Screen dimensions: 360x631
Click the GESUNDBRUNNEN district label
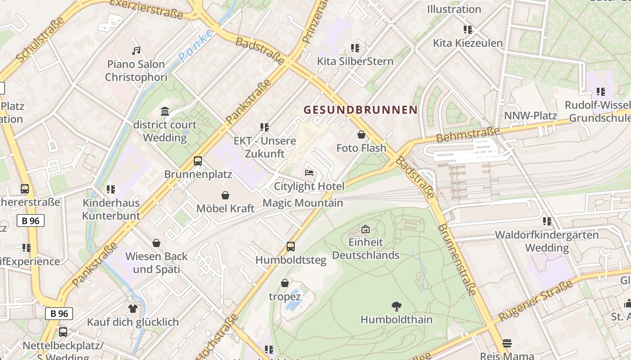[x=361, y=110]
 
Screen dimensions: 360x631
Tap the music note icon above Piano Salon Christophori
[x=136, y=51]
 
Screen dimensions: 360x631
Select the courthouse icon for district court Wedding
[x=165, y=111]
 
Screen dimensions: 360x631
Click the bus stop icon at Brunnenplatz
[x=198, y=161]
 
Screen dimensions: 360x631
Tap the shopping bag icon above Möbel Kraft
[x=225, y=195]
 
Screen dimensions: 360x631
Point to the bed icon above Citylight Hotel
[x=309, y=173]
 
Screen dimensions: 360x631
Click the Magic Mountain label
[x=302, y=203]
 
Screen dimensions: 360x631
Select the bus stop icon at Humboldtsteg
[x=291, y=247]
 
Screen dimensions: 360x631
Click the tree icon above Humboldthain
[x=397, y=306]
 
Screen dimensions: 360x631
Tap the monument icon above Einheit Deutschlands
[x=366, y=229]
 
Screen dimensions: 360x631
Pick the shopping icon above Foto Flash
[x=361, y=135]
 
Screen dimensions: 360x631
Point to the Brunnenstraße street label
[x=457, y=260]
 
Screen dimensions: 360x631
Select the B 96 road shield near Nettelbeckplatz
[x=59, y=313]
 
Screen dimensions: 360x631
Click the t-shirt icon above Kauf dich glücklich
[x=133, y=309]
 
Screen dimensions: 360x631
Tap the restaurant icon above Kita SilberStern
[x=355, y=48]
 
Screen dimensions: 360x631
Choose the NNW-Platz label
[x=530, y=116]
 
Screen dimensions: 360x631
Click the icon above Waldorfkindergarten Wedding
[x=547, y=221]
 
